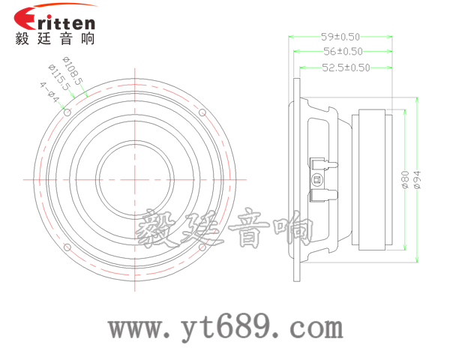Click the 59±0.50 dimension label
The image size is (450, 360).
(x=340, y=36)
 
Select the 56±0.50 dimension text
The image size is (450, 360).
(x=343, y=52)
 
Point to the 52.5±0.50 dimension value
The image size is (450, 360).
(x=346, y=67)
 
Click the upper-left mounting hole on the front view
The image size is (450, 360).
(x=68, y=112)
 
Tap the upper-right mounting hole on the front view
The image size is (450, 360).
(x=202, y=112)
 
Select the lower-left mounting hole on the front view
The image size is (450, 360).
(x=68, y=247)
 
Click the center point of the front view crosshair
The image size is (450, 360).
(x=136, y=179)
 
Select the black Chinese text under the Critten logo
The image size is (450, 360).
(x=55, y=40)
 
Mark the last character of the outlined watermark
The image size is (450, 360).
(x=293, y=228)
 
